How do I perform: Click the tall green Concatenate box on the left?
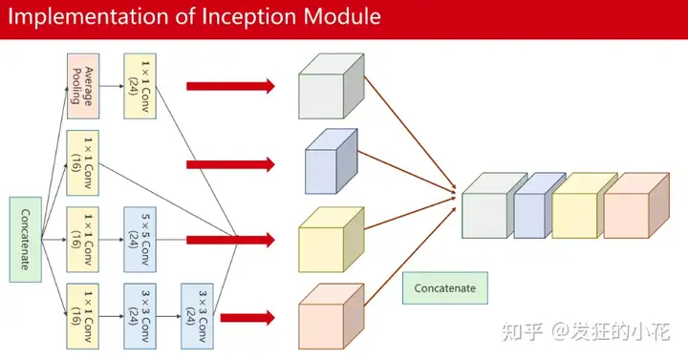click(25, 239)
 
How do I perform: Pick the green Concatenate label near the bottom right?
click(444, 286)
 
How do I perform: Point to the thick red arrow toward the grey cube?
click(229, 87)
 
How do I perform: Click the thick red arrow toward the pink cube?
click(245, 318)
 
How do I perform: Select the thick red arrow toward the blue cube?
click(229, 163)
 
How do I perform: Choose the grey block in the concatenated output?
click(485, 209)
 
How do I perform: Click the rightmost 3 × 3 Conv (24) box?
click(198, 311)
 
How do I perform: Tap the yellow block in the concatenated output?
click(575, 209)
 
